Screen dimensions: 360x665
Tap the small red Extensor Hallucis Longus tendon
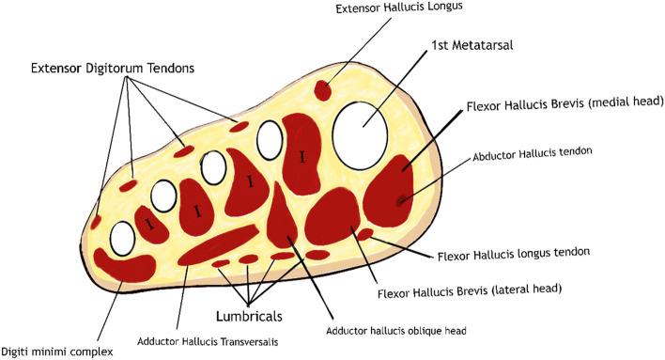point(321,90)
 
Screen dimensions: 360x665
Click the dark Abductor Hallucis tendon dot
point(402,199)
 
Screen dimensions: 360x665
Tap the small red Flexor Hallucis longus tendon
point(364,233)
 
